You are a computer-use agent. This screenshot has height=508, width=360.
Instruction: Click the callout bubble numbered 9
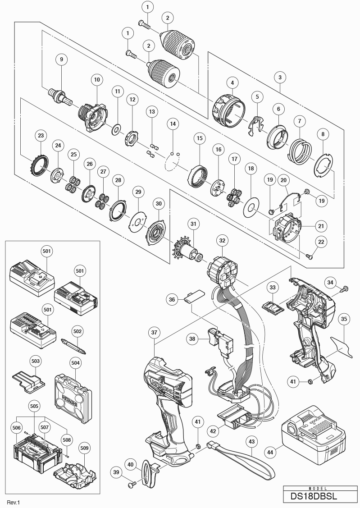click(x=61, y=59)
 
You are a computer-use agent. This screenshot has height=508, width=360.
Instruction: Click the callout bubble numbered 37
click(x=154, y=333)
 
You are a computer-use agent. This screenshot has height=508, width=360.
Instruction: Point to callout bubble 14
click(x=173, y=123)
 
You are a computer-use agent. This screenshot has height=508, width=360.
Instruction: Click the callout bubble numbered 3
click(x=280, y=78)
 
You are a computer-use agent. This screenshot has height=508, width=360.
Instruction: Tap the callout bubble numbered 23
click(x=41, y=135)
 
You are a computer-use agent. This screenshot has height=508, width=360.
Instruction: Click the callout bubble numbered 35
click(x=344, y=319)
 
